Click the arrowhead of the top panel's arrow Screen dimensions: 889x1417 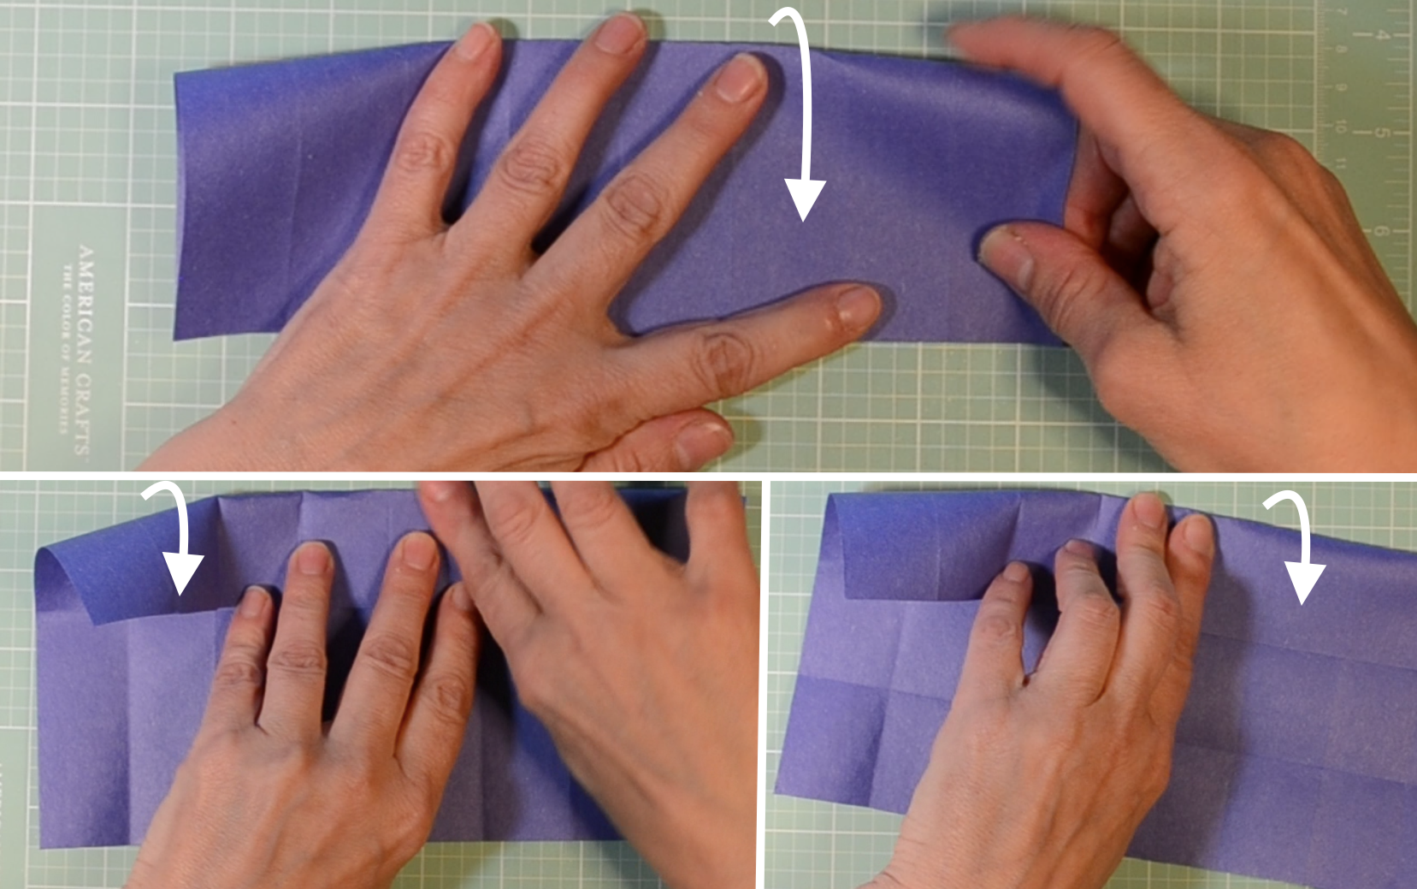click(805, 200)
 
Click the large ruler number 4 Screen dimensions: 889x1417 click(1379, 35)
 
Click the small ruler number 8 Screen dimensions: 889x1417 click(1340, 50)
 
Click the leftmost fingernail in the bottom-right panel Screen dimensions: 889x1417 click(1013, 571)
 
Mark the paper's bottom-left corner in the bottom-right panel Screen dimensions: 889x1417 click(778, 791)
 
